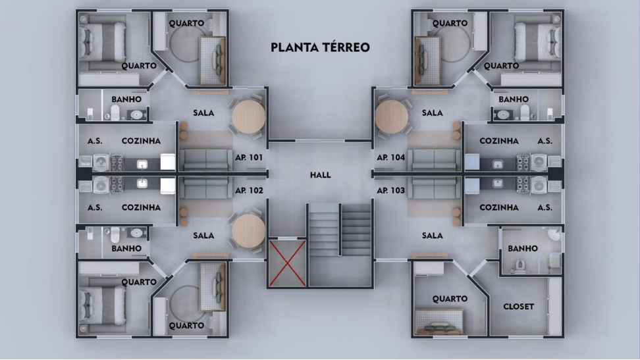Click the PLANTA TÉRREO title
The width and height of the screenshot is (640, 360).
coord(321,47)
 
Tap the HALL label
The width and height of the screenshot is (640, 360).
coord(321,175)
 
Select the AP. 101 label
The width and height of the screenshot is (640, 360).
coord(249,157)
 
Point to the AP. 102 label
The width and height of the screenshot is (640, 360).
coord(249,190)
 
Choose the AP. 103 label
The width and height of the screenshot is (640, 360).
coord(391,190)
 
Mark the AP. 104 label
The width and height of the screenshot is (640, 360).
coord(391,157)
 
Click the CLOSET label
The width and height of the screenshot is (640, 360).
coord(518,307)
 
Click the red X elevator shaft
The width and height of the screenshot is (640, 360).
coord(287,263)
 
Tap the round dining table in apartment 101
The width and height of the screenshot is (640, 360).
coord(249,116)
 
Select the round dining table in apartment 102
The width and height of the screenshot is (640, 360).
coord(249,230)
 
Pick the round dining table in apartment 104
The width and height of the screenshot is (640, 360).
coord(391,116)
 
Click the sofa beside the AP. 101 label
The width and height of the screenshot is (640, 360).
coord(205,159)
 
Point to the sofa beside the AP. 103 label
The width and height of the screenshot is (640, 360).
coord(435,188)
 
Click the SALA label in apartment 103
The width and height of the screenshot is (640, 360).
coord(432,236)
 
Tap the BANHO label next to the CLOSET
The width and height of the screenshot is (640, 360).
coord(523,248)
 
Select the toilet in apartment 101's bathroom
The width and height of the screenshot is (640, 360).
coord(115,113)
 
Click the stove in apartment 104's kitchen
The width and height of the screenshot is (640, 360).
coord(523,163)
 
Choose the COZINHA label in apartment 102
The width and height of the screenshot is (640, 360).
coord(141,207)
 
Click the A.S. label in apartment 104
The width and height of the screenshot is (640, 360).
coord(545,141)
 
